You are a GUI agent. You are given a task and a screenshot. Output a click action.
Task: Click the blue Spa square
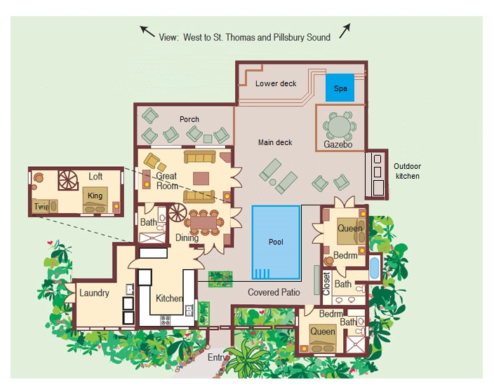(340, 88)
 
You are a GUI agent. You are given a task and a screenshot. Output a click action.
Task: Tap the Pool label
(276, 242)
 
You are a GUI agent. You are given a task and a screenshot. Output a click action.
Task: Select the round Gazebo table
(340, 125)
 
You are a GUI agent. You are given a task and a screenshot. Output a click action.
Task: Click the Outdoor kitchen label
(408, 171)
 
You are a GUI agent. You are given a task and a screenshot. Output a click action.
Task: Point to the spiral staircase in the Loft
(68, 180)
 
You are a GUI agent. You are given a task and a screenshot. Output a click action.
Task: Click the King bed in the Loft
(95, 200)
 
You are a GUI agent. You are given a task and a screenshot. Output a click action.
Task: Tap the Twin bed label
(41, 207)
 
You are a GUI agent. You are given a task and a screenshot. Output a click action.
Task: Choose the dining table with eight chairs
(203, 222)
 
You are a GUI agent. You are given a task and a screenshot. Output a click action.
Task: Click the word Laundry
(94, 293)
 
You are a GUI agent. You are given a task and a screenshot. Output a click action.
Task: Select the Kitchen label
(169, 298)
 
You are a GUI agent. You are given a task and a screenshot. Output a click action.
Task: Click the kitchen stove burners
(166, 320)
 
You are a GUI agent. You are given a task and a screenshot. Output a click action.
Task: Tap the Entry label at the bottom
(217, 357)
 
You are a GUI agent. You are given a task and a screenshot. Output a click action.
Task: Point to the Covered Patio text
(274, 292)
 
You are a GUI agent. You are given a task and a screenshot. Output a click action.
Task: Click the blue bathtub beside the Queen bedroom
(374, 268)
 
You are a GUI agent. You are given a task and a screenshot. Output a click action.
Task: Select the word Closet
(326, 284)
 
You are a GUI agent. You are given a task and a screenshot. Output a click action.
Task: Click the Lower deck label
(276, 83)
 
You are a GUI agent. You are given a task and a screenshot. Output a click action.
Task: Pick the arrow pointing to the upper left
(147, 32)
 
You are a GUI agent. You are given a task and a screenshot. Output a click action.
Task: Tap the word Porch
(189, 119)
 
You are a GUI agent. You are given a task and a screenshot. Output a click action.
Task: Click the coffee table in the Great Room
(201, 179)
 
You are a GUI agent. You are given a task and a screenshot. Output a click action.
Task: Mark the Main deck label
(275, 142)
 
